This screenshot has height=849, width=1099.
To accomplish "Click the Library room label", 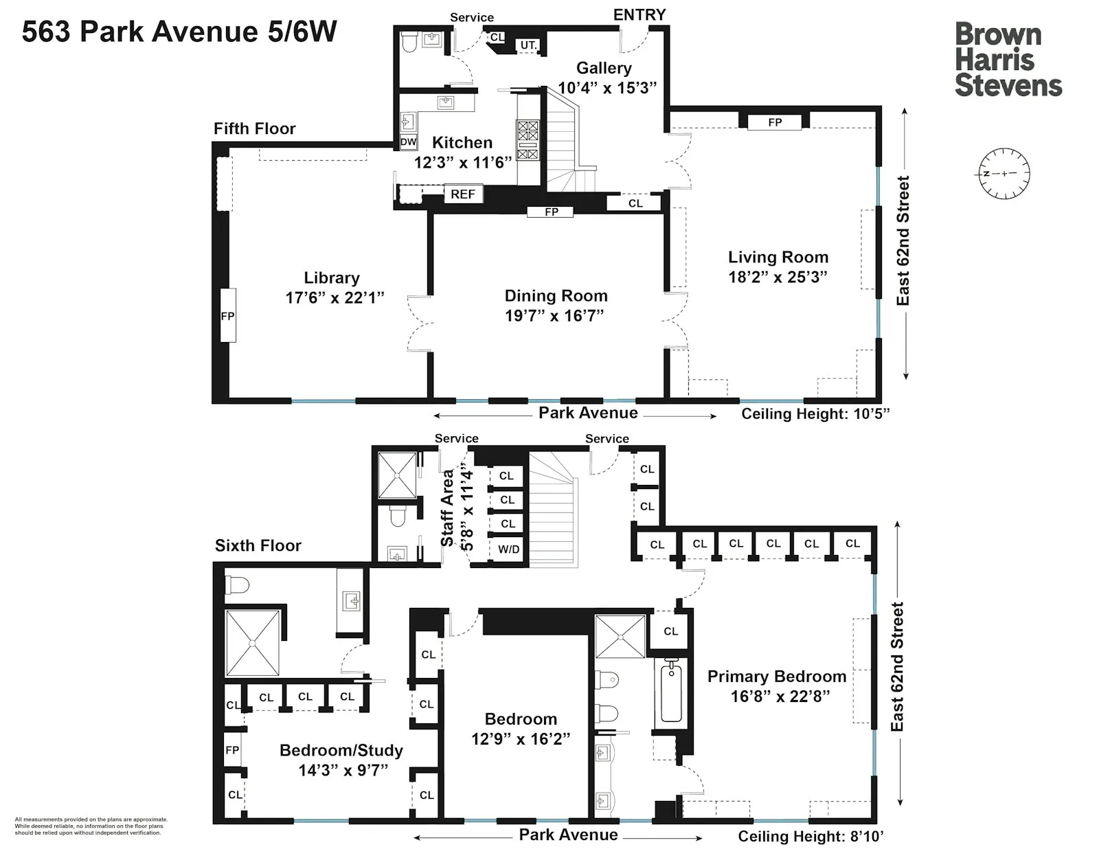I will [x=332, y=278].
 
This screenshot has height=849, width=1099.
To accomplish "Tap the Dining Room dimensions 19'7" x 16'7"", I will [x=554, y=315].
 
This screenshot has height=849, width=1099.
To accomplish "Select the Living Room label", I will [x=778, y=258].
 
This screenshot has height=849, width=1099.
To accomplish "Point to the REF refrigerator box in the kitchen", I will [x=463, y=194].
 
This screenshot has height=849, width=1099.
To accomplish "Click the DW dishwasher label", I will [x=408, y=142].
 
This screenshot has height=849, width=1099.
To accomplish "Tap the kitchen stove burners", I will [x=528, y=140].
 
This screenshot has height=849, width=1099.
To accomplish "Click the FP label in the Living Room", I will [x=775, y=122].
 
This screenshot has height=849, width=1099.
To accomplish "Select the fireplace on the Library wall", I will [x=227, y=316].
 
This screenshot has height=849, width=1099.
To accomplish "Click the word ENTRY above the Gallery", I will [x=639, y=14].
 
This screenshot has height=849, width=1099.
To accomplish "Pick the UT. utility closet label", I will [x=528, y=45].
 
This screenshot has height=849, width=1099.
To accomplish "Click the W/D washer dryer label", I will [x=509, y=550].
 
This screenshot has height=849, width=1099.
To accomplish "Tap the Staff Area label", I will [x=448, y=508].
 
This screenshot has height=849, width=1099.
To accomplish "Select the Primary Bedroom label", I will [x=777, y=677].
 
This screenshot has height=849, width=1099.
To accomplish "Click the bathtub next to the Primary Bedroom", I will [x=671, y=690].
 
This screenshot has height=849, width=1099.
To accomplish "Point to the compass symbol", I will [x=1004, y=173].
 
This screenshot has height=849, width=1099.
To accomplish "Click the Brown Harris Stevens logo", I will [x=1008, y=60].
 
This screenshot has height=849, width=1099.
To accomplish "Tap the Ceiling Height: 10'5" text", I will [x=815, y=414].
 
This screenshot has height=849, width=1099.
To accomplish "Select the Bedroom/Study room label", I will [x=341, y=750].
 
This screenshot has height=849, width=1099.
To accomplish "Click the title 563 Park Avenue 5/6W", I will [x=179, y=32].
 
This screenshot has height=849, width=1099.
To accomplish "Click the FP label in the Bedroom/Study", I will [x=232, y=750].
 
